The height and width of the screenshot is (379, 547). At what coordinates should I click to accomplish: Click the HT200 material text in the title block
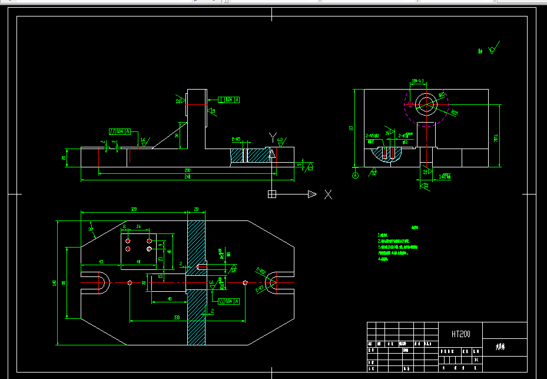(x=461, y=334)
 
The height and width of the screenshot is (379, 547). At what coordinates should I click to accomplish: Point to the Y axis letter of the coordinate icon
(x=272, y=137)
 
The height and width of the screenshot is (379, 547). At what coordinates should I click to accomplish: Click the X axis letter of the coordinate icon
(x=329, y=195)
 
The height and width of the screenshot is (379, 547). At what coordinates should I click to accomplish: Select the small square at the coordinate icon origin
(x=272, y=194)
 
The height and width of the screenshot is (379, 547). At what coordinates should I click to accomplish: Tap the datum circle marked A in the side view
(x=355, y=175)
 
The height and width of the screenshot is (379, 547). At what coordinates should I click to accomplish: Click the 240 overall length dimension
(x=187, y=177)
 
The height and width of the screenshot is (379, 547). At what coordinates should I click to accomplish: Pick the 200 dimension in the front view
(x=187, y=170)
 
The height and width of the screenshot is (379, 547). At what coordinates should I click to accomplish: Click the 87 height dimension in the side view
(x=351, y=127)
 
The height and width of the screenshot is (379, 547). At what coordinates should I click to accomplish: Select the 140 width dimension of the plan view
(x=54, y=284)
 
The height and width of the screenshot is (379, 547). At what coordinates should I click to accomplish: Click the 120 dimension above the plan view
(x=134, y=209)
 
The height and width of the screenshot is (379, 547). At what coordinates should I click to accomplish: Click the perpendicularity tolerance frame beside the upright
(x=229, y=100)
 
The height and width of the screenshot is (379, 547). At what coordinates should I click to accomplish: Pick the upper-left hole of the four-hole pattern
(x=128, y=240)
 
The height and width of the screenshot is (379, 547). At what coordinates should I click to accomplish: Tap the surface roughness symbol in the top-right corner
(x=493, y=47)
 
